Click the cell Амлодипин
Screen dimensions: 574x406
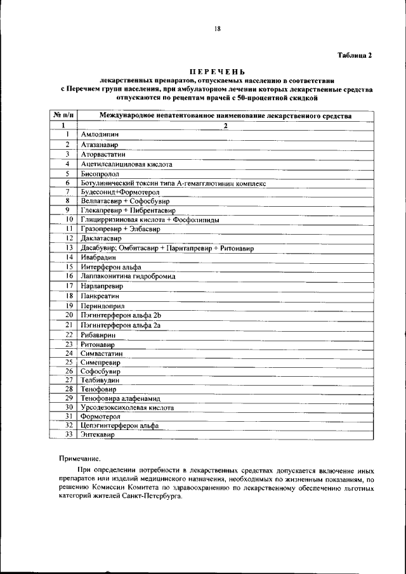[100, 134]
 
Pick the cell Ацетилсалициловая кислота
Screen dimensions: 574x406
[126, 164]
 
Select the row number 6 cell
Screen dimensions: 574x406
[67, 183]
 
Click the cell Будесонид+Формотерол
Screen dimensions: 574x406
[119, 192]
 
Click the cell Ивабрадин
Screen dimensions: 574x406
[98, 257]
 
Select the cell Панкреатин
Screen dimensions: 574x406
[100, 296]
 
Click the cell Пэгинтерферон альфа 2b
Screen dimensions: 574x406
[122, 315]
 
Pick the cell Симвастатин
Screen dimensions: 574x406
[101, 353]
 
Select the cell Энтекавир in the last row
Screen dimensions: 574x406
[98, 435]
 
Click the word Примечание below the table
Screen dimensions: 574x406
[79, 457]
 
